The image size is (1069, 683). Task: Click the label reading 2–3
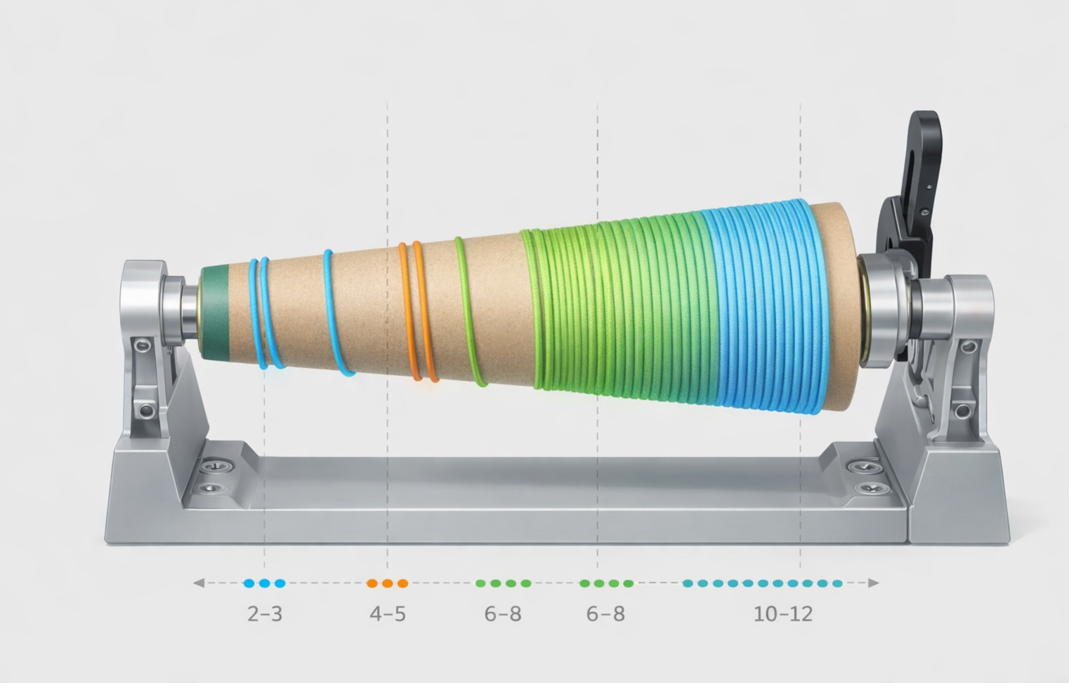[x=265, y=614]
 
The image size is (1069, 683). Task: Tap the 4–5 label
[x=388, y=614]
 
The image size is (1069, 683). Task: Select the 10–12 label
[x=783, y=614]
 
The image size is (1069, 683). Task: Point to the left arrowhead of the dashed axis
[x=199, y=583]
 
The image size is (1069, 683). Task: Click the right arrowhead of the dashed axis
[x=873, y=583]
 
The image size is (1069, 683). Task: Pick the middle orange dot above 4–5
[x=388, y=583]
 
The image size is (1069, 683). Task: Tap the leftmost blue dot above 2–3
[x=249, y=583]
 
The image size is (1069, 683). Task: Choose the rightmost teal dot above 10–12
[x=837, y=583]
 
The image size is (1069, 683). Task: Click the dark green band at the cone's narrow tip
[x=215, y=313]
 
